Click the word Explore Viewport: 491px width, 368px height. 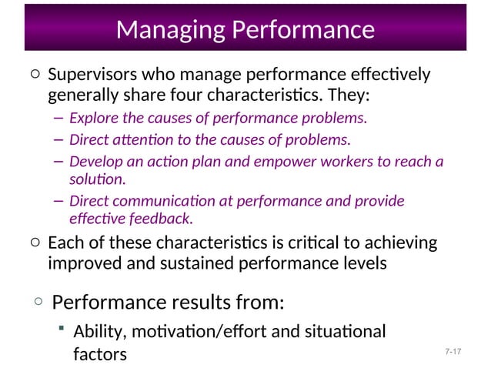(x=91, y=119)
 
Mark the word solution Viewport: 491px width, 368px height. (x=96, y=179)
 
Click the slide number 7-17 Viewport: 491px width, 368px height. (x=452, y=353)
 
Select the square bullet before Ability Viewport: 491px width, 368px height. (x=61, y=329)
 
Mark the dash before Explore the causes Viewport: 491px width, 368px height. (x=58, y=119)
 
